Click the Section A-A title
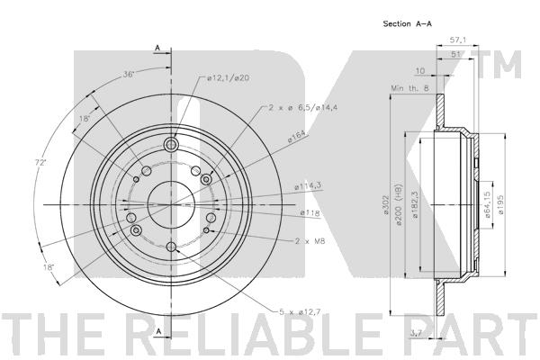tap(407, 23)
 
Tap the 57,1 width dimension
tap(458, 40)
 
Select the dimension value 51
tap(455, 54)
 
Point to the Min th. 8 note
tap(409, 88)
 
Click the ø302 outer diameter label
tap(386, 205)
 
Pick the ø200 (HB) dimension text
tap(399, 204)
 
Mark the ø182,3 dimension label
tap(415, 205)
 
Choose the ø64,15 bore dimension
tap(488, 205)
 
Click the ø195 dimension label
tap(501, 205)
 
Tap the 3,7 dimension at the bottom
tap(417, 332)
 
